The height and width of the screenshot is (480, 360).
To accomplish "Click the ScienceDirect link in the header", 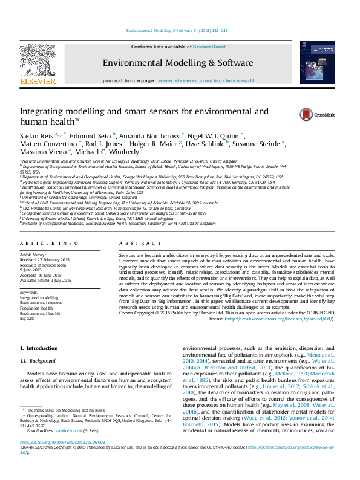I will click(209, 47).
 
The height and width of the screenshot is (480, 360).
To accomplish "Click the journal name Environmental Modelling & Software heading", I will click(177, 63).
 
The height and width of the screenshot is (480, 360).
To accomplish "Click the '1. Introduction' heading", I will click(39, 348).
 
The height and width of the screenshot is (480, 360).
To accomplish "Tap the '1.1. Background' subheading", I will click(39, 361).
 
